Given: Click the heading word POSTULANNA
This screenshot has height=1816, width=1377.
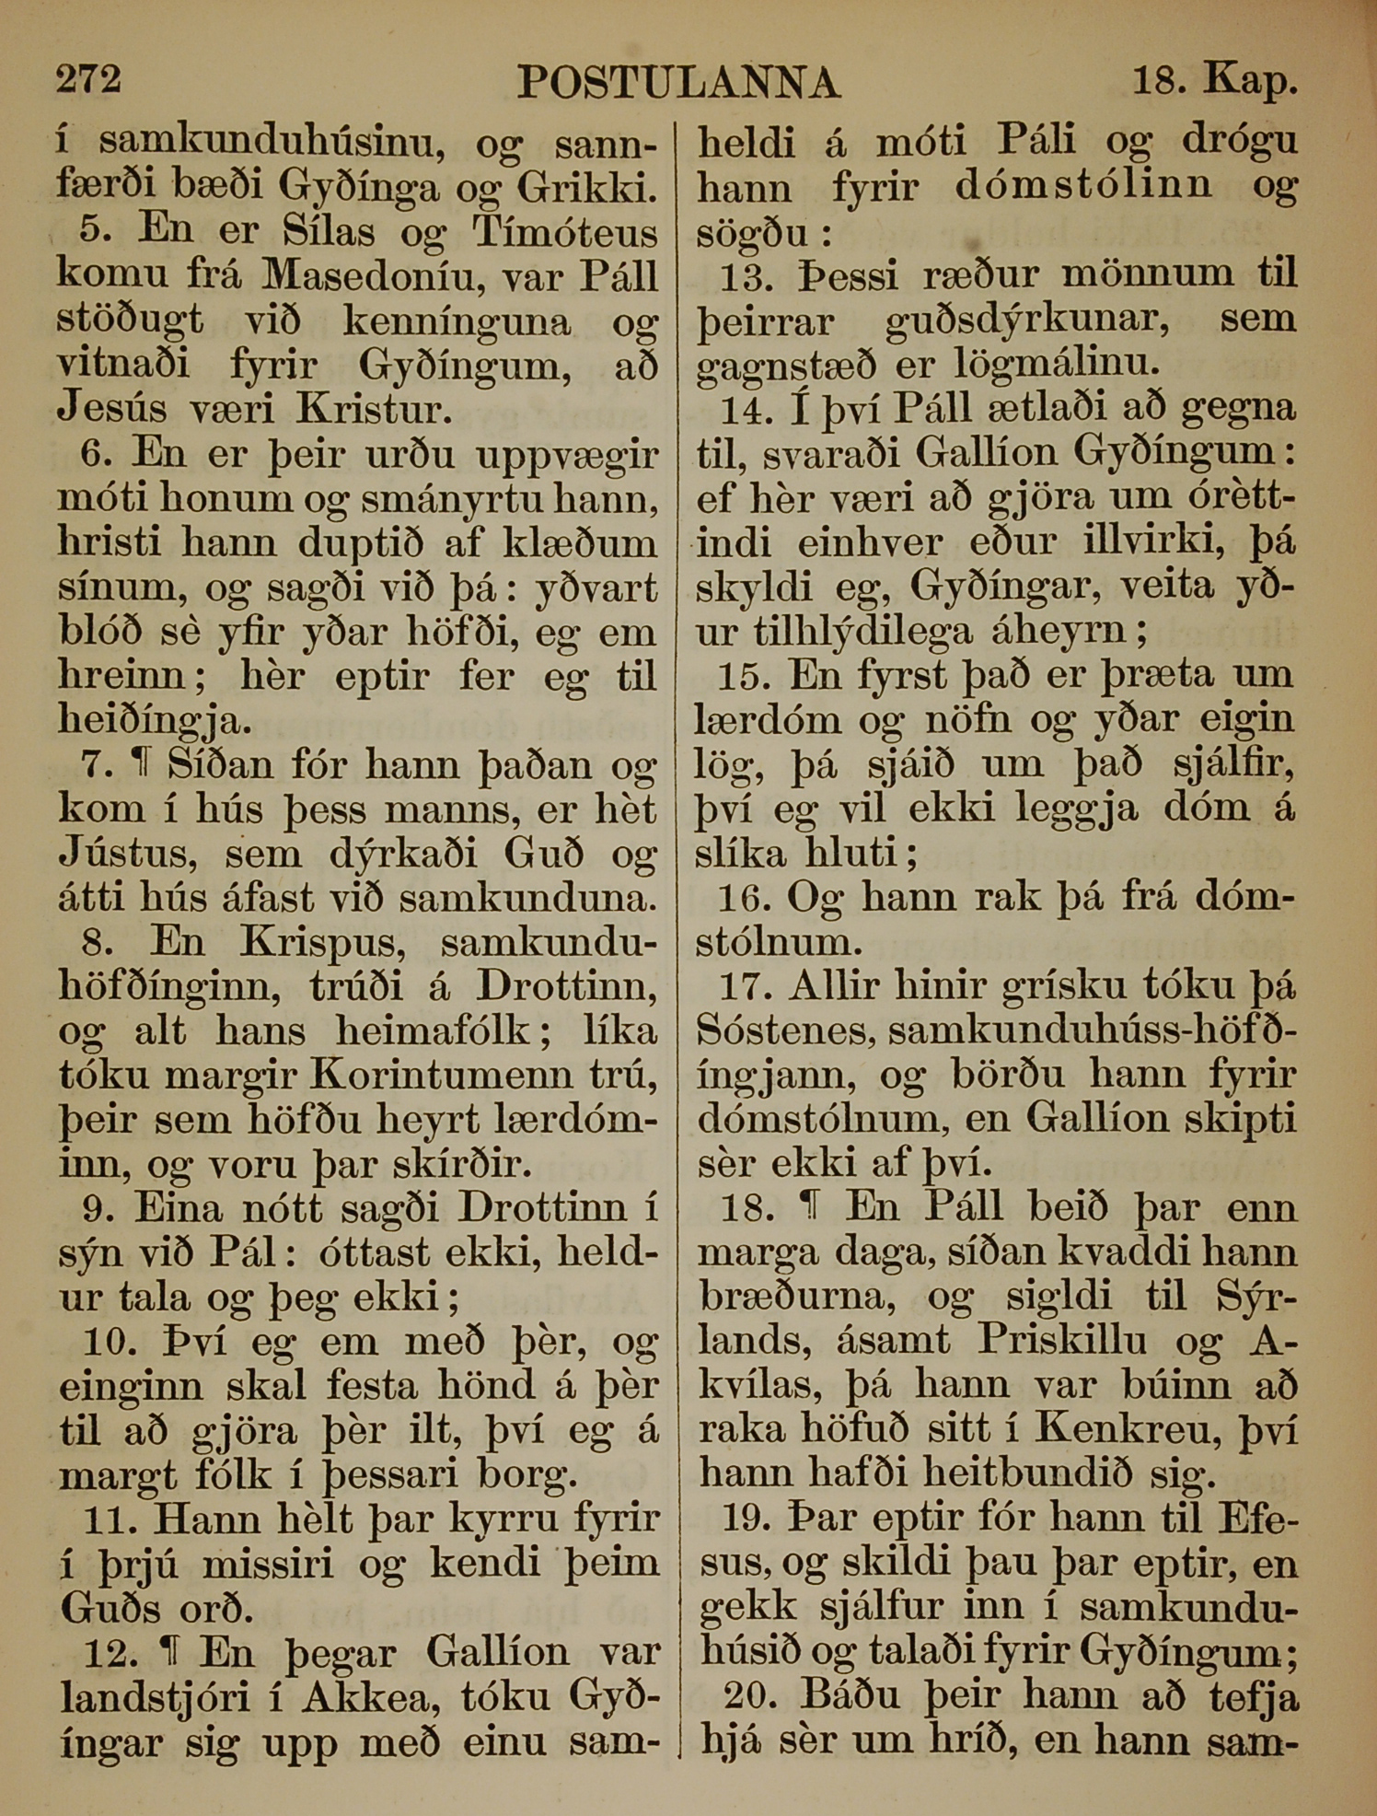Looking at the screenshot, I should click(678, 83).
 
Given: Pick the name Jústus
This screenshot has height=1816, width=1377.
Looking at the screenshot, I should click(127, 855).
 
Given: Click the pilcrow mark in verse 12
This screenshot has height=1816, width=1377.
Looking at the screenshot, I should click(168, 1653).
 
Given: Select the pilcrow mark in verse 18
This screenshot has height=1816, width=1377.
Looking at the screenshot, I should click(810, 1206).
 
